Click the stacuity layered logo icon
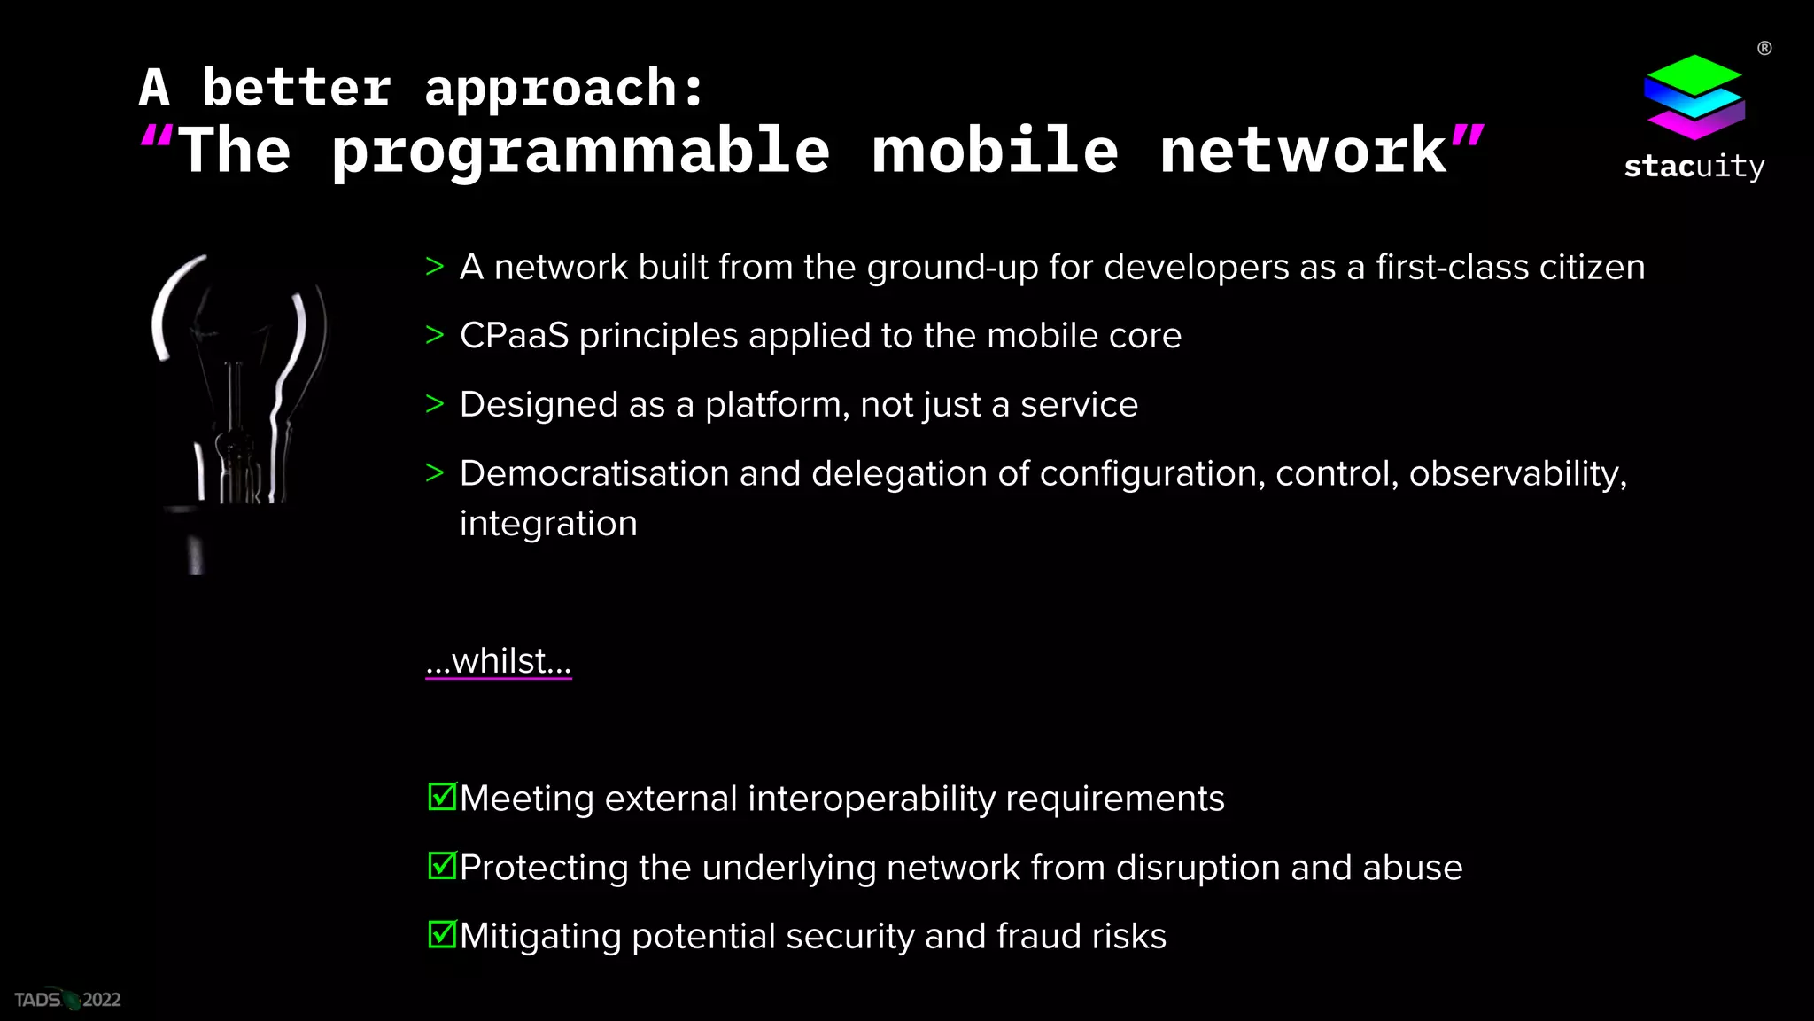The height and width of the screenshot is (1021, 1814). tap(1694, 97)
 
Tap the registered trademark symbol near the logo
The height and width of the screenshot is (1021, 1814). tap(1764, 49)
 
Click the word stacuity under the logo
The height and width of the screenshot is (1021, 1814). tap(1694, 167)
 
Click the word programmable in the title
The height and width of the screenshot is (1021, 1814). tap(580, 151)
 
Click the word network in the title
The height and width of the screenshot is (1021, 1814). tap(1302, 151)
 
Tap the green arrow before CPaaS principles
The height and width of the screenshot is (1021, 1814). tap(434, 335)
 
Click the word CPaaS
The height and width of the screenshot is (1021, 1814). tap(514, 336)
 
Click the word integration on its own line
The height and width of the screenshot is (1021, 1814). tap(548, 524)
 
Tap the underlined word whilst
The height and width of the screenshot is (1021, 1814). tap(499, 661)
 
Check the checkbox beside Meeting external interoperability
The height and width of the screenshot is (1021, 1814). tap(442, 797)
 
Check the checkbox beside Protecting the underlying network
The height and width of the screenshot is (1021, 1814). tap(442, 866)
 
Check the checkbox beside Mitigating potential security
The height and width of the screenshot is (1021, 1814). tap(442, 934)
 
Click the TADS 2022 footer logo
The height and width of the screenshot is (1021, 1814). tap(67, 1000)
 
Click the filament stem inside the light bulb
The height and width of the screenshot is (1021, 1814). tap(234, 399)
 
